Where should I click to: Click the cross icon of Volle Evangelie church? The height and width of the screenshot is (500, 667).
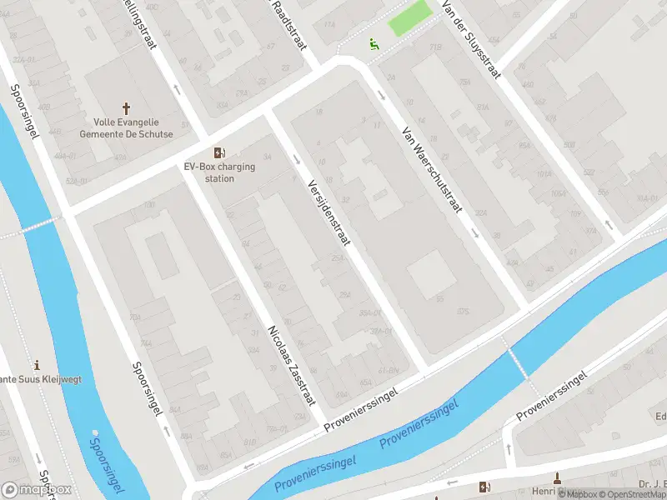pyautogui.click(x=127, y=108)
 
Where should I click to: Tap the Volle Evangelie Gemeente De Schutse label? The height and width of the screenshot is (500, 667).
pyautogui.click(x=127, y=128)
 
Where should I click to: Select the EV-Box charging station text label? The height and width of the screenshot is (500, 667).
pyautogui.click(x=219, y=172)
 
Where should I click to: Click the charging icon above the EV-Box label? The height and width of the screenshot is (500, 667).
pyautogui.click(x=219, y=152)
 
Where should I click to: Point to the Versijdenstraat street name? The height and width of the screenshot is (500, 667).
pyautogui.click(x=329, y=212)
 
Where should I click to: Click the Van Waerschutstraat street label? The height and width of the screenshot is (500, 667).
pyautogui.click(x=431, y=170)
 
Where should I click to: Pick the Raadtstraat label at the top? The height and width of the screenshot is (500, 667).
pyautogui.click(x=285, y=23)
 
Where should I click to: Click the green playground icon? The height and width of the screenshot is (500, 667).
pyautogui.click(x=374, y=43)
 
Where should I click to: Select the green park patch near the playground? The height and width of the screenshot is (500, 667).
pyautogui.click(x=410, y=17)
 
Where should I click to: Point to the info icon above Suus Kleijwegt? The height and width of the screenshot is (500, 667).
pyautogui.click(x=36, y=366)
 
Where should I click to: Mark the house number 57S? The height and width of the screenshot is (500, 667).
pyautogui.click(x=464, y=312)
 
